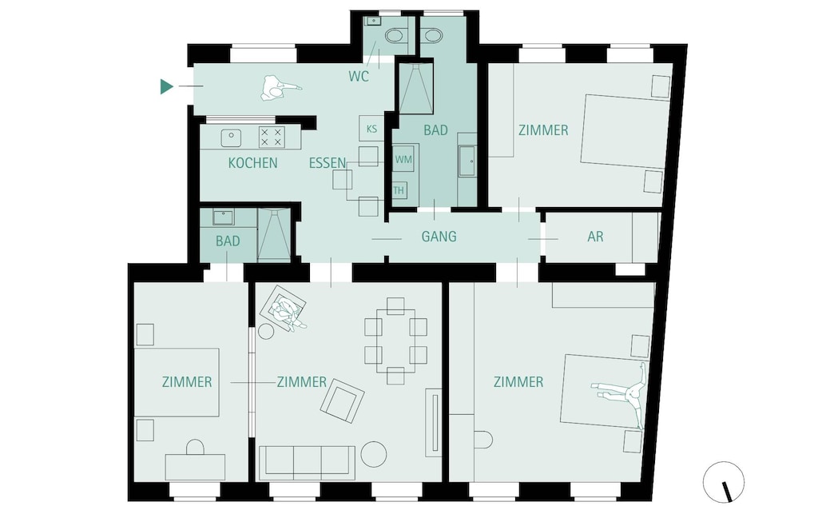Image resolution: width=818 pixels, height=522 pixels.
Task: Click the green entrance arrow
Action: click(x=166, y=86)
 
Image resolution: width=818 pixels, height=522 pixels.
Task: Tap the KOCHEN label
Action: click(x=252, y=163)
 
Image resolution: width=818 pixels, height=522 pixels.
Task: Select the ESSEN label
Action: click(x=328, y=163)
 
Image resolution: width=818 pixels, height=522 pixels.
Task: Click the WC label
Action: click(x=359, y=77)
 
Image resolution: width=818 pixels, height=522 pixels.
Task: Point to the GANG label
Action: click(x=439, y=237)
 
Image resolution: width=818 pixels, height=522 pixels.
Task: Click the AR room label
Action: click(x=595, y=237)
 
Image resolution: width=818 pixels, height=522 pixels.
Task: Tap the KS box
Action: click(x=371, y=128)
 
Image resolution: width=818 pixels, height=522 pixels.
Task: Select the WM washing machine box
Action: click(x=404, y=160)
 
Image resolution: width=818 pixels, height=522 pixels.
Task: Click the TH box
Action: click(x=399, y=190)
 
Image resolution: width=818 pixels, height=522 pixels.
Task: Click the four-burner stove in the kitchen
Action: click(x=272, y=137)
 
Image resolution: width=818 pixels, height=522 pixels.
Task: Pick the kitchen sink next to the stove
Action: click(x=232, y=137)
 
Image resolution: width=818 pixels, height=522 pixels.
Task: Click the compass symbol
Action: click(x=724, y=483)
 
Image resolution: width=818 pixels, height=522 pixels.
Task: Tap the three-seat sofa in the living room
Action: click(x=308, y=462)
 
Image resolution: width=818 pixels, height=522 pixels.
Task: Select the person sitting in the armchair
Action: click(x=284, y=310)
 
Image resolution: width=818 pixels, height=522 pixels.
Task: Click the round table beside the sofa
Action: click(x=373, y=454)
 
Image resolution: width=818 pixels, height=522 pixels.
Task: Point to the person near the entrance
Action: click(x=278, y=89)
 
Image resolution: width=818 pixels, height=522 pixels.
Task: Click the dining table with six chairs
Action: click(x=395, y=341)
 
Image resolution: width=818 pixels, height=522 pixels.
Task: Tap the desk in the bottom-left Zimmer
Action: click(x=195, y=467)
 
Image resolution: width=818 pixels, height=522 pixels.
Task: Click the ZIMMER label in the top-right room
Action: click(x=543, y=130)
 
